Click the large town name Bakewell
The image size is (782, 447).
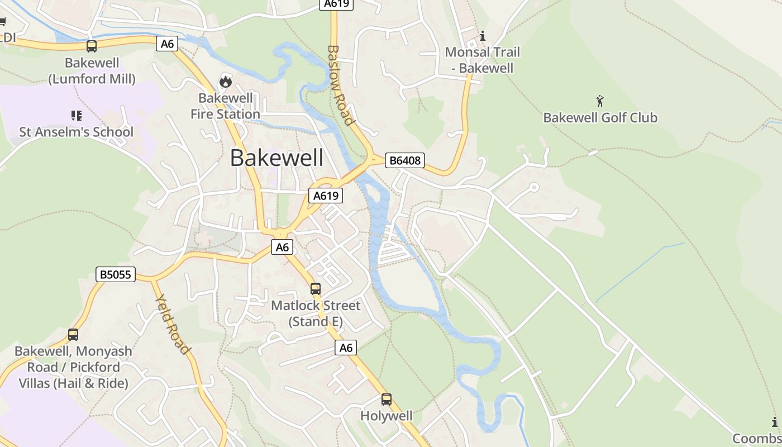click(x=276, y=158)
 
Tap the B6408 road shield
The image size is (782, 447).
click(x=405, y=161)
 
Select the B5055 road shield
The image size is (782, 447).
click(x=116, y=274)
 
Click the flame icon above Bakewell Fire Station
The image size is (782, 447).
click(x=225, y=82)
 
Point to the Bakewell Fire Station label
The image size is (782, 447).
click(x=225, y=106)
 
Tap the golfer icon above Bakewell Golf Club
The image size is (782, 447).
click(x=600, y=101)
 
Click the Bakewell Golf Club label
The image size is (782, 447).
click(x=600, y=118)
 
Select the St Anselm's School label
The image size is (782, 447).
click(x=77, y=132)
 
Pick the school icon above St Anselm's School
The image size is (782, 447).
click(x=77, y=116)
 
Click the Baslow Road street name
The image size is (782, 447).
click(x=340, y=85)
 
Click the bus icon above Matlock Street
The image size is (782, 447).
click(x=316, y=289)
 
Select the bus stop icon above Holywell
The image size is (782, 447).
click(x=387, y=400)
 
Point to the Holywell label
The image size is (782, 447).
click(x=387, y=416)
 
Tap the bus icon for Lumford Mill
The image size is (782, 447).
click(x=92, y=46)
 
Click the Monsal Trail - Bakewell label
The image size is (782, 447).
click(x=483, y=60)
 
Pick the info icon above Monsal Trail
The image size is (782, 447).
click(x=483, y=36)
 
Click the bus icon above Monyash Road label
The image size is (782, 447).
click(x=73, y=335)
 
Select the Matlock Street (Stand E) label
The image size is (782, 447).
click(x=316, y=313)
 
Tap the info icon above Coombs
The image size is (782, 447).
click(x=775, y=422)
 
